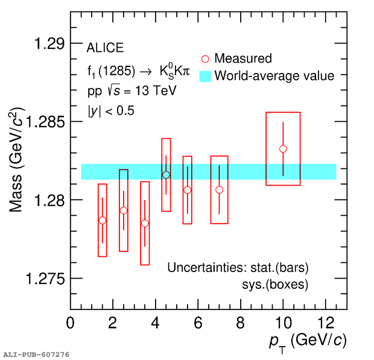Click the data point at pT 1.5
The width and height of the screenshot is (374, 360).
[x=102, y=220]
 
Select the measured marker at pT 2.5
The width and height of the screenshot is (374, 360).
[x=124, y=210]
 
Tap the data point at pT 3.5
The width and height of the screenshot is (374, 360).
[x=145, y=223]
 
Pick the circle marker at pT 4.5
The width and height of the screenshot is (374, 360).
[x=166, y=175]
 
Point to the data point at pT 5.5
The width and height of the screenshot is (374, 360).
[x=188, y=190]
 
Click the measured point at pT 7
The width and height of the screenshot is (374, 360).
[x=219, y=190]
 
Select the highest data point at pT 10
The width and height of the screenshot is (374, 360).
[x=283, y=149]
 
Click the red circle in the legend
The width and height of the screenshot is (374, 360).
[x=205, y=58]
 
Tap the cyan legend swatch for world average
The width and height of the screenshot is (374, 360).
[x=205, y=76]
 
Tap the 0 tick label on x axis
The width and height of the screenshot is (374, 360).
[x=71, y=323]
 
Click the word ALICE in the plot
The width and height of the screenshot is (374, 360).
[x=105, y=48]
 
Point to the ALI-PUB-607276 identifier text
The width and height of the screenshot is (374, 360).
[x=36, y=355]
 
